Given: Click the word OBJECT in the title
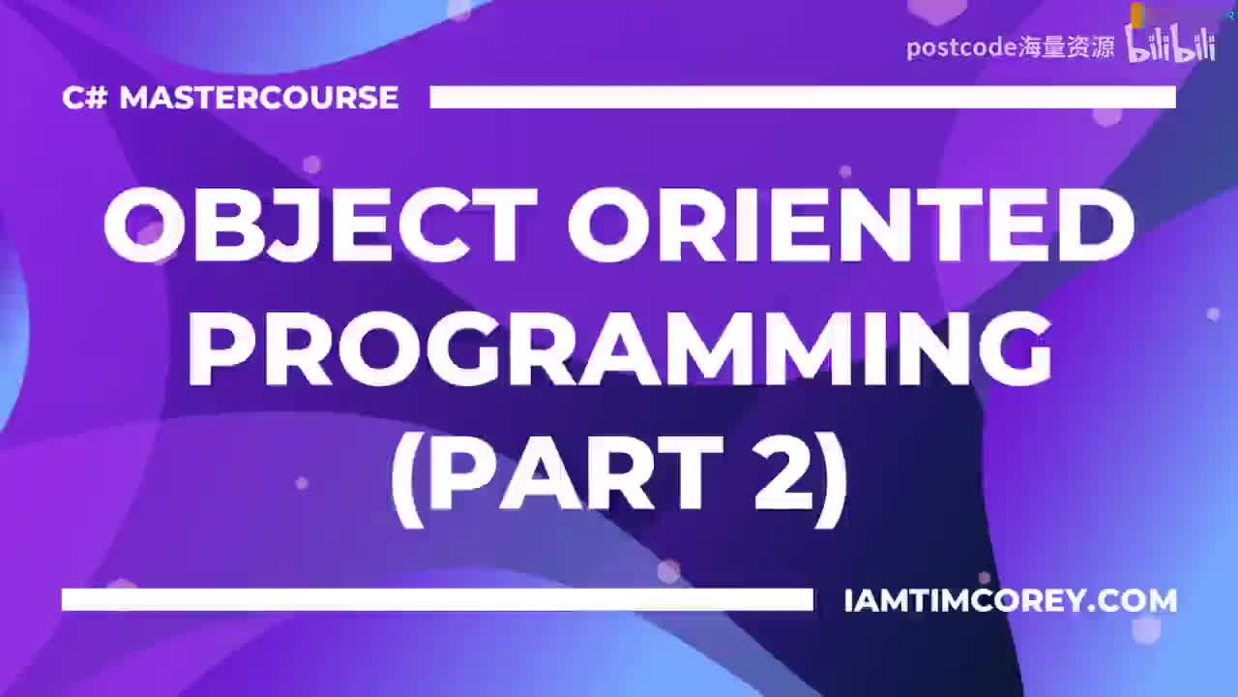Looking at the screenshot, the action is click(320, 224).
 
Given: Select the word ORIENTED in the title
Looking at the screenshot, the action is click(851, 224).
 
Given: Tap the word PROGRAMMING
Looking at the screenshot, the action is click(620, 348).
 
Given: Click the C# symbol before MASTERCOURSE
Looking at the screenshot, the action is click(84, 98).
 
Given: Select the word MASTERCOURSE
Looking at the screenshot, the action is click(258, 98).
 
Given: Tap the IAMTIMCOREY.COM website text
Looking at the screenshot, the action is click(1011, 601).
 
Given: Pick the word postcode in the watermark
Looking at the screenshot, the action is click(961, 48).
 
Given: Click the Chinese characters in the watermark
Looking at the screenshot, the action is click(1066, 47).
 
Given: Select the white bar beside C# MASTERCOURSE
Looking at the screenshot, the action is click(803, 98).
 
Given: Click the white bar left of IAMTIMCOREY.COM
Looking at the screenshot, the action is click(437, 599).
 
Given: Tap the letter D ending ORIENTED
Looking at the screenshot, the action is click(1098, 224).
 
